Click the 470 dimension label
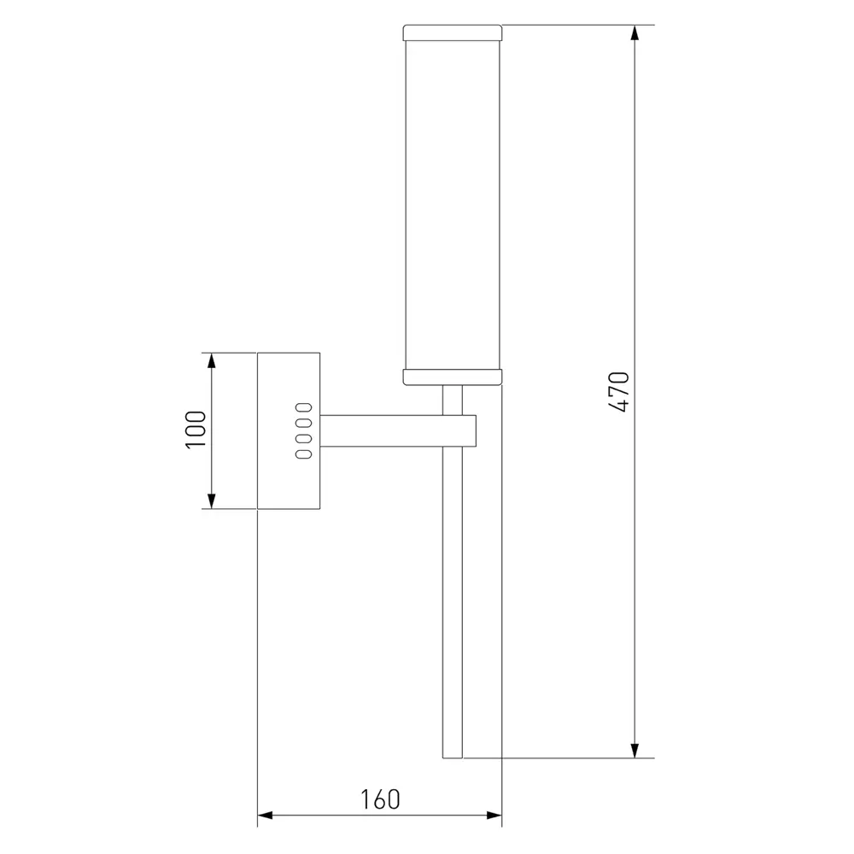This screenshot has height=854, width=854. point(618,392)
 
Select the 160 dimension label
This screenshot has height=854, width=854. point(380,799)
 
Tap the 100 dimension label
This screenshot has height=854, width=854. point(196,430)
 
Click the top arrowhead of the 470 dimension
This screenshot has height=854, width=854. point(634,32)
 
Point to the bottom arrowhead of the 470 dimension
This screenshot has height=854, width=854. point(634,750)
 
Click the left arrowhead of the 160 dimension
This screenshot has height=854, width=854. point(265,816)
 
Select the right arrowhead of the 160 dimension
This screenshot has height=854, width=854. point(494,816)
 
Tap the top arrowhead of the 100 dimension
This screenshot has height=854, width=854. point(212,360)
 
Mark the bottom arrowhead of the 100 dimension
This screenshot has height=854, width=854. point(212,501)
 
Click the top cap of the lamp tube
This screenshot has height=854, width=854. point(452,32)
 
